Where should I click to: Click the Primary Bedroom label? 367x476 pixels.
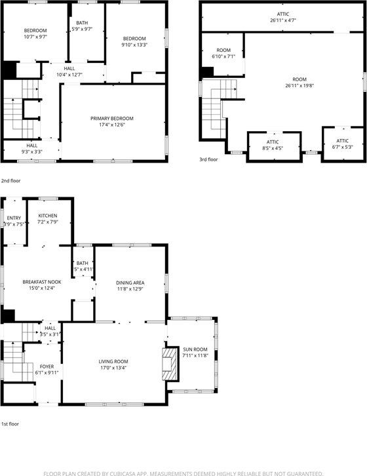pos(111,118)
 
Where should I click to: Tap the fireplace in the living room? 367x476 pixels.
pos(168,363)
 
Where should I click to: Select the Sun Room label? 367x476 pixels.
pos(195,349)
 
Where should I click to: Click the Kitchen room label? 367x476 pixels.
pos(47,216)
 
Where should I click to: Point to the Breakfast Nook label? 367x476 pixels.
pos(43,282)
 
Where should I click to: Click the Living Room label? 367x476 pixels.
pos(113,361)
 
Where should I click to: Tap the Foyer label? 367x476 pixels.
pos(47,367)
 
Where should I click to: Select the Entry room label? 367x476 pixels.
pos(14,218)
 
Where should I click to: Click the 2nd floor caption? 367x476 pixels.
pos(10,180)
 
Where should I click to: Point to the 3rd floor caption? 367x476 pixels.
pos(209,159)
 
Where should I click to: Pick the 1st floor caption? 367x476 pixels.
pos(10,424)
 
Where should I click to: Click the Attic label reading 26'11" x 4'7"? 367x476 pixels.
pos(282,13)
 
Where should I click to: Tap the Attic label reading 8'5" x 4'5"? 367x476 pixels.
pos(273,142)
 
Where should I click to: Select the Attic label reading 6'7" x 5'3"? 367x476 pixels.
pos(342,141)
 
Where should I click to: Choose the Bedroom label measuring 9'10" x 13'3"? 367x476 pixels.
pos(134,39)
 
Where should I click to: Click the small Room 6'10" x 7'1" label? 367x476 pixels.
pos(223,50)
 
